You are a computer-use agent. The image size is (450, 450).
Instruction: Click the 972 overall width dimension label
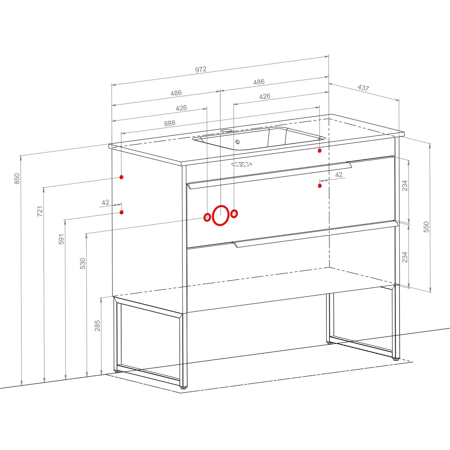pos(201,70)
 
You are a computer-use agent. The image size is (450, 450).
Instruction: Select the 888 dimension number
pos(170,123)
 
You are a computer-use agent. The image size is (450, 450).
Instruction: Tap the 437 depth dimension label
pos(363,88)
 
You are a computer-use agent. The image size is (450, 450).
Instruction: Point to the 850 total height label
pos(17,178)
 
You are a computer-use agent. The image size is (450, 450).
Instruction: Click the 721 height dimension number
pos(40,211)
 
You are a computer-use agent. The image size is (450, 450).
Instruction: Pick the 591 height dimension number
pos(61,239)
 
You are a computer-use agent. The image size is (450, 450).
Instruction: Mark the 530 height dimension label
pos(83,263)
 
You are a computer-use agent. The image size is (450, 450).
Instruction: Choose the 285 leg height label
pos(97,325)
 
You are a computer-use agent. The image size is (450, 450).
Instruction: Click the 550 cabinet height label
pos(426,227)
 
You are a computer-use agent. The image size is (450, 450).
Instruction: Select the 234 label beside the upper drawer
pos(405,185)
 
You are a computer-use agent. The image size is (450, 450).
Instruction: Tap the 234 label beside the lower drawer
pos(405,257)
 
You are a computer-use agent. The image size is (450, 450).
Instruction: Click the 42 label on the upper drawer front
pos(339,175)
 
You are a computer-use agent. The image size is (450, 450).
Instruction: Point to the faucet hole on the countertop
pos(227,131)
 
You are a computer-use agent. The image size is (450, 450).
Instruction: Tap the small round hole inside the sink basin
pos(238,142)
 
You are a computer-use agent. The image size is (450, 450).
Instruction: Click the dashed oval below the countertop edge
pos(242,164)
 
